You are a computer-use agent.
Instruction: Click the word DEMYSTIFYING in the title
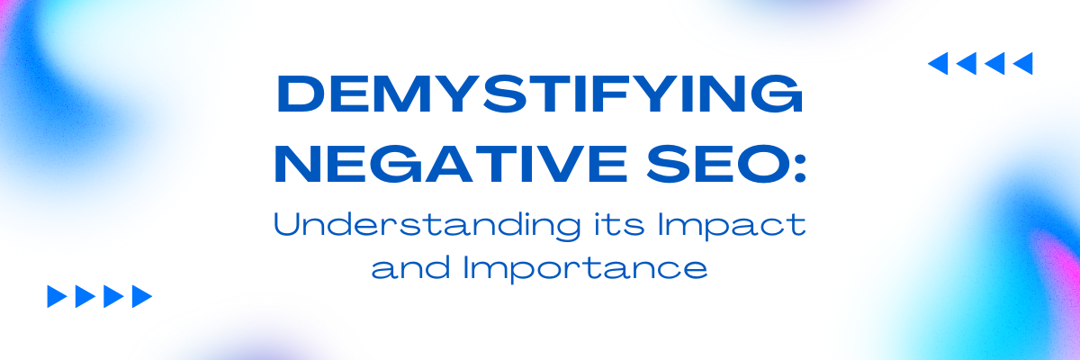(540, 94)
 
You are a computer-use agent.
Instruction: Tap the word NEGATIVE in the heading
(451, 164)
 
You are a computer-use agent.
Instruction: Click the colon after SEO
(799, 165)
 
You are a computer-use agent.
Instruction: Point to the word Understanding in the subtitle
(427, 225)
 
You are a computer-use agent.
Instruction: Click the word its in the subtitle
(619, 224)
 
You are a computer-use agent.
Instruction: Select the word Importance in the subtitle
(586, 268)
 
